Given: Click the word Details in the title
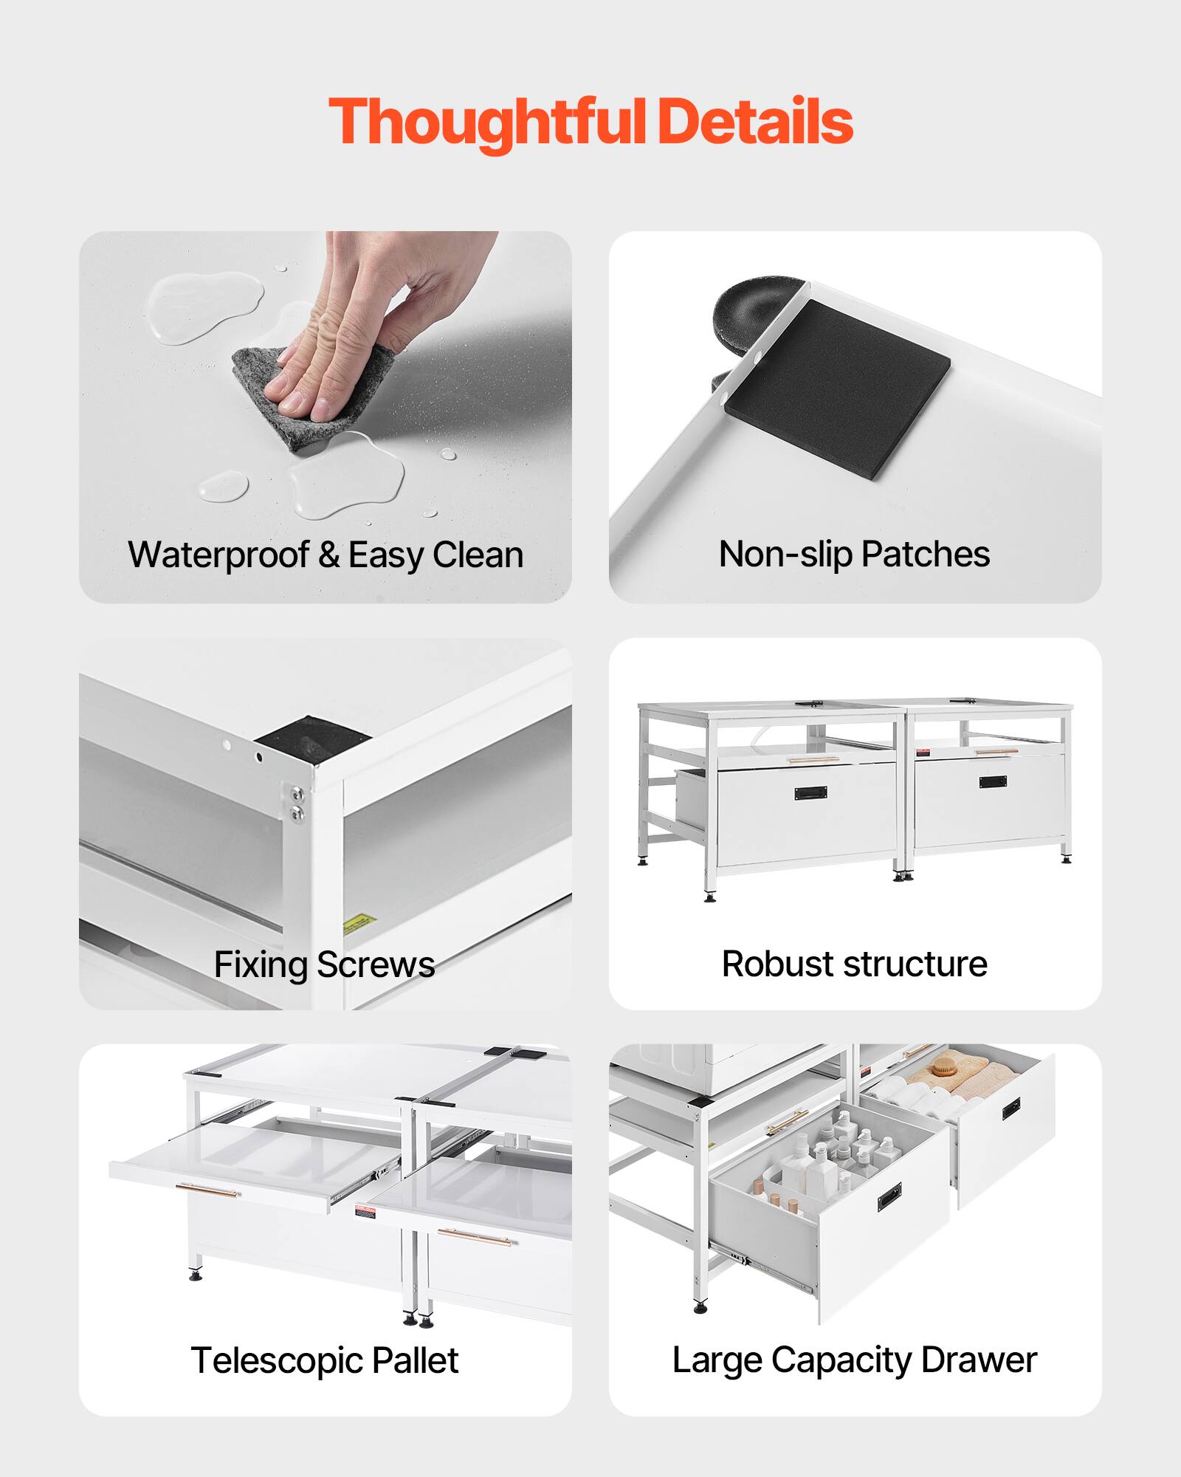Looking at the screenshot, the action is (x=755, y=121).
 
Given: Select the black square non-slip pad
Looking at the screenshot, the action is (x=837, y=388).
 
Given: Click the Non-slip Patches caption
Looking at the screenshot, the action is (x=854, y=555).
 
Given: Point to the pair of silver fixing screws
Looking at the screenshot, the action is (x=296, y=803).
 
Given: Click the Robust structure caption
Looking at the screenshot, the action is (x=854, y=964).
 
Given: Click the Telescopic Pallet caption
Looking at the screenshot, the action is (x=324, y=1361).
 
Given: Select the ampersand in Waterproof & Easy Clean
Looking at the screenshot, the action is (x=328, y=555).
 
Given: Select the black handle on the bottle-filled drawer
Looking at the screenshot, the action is (x=889, y=1197).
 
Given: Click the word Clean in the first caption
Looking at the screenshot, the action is (x=478, y=555).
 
